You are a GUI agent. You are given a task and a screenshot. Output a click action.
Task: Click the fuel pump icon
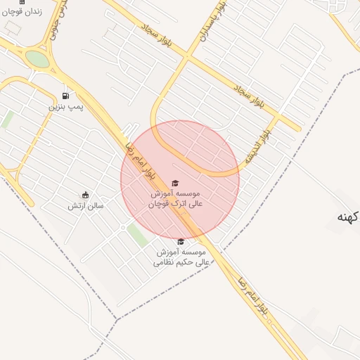click(65, 96)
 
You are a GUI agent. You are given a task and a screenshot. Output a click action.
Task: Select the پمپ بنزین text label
click(65, 107)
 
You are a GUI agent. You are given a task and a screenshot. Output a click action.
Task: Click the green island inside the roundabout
click(39, 60)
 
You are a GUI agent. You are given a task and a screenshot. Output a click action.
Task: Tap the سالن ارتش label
click(86, 206)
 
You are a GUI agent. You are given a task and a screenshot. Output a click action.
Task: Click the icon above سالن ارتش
click(86, 195)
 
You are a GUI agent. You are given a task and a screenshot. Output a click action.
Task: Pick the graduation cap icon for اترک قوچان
click(175, 183)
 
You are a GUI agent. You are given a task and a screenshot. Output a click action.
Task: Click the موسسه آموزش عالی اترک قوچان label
click(175, 198)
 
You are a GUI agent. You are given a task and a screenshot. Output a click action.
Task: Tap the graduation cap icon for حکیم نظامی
click(180, 241)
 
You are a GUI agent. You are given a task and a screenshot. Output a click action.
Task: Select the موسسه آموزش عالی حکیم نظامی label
click(179, 257)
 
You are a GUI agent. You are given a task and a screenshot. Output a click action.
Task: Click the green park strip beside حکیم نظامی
click(137, 235)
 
